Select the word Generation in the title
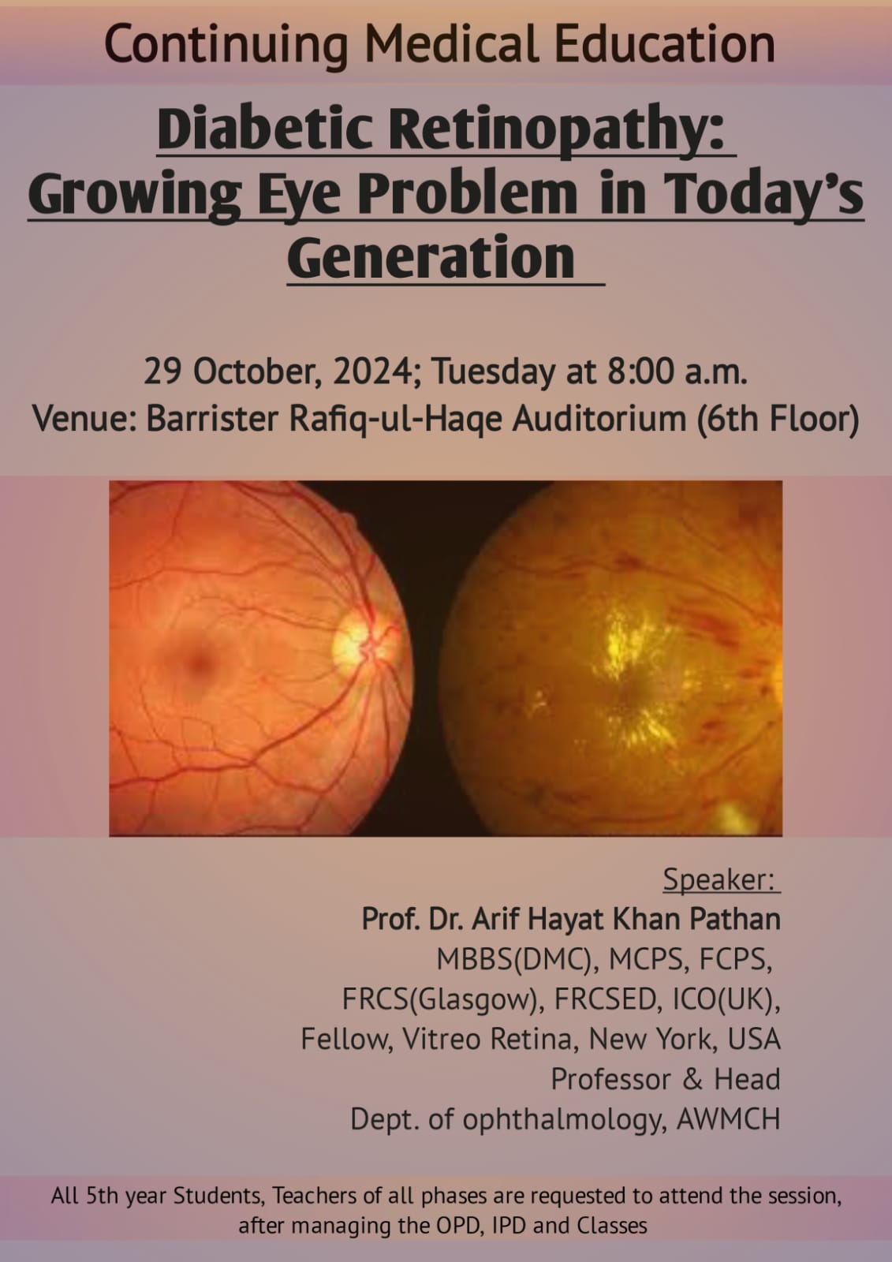[x=431, y=257]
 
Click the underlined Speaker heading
[x=720, y=879]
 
